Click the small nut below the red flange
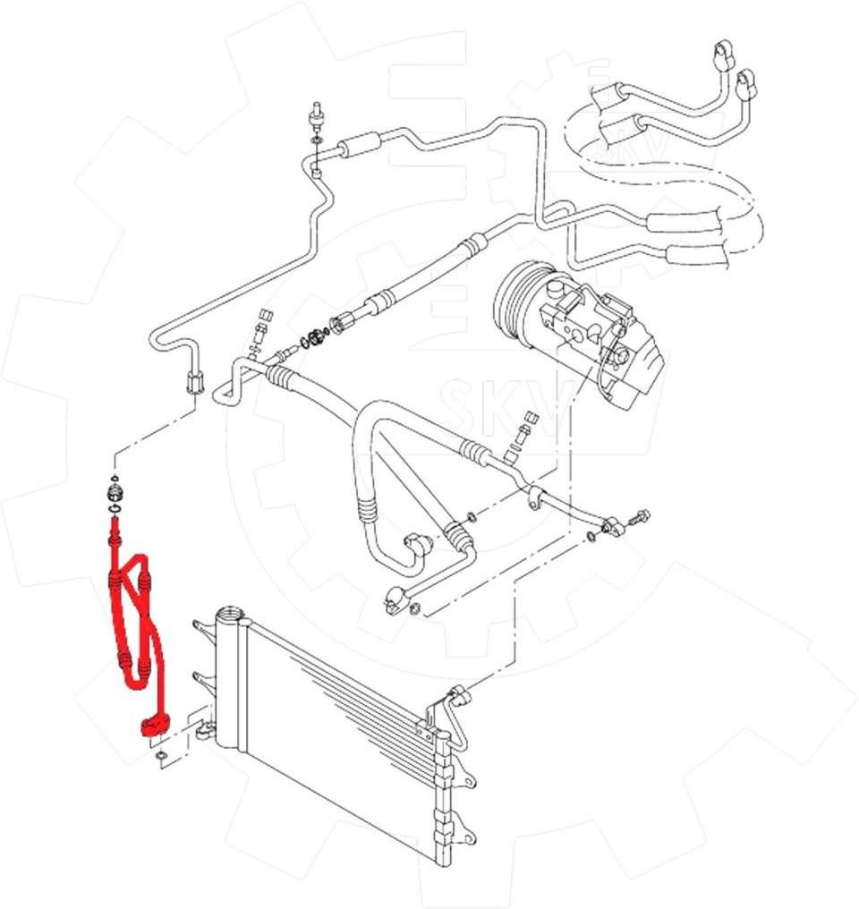(159, 760)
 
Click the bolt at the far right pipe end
(641, 516)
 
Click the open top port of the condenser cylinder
(228, 616)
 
